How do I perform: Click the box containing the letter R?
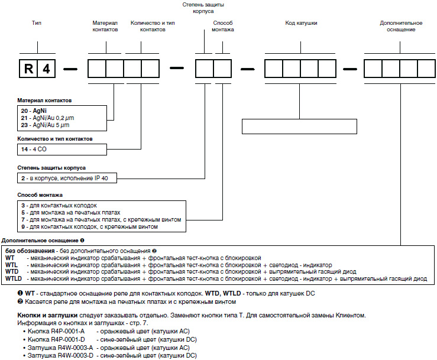click(x=28, y=69)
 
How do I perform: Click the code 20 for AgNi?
click(x=24, y=111)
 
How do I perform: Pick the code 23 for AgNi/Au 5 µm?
click(x=24, y=125)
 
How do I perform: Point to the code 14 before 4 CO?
click(x=24, y=150)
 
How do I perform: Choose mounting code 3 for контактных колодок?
click(x=22, y=205)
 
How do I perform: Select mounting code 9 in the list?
click(x=22, y=226)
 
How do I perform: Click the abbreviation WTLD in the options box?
click(x=14, y=278)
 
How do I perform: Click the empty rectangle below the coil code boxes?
click(x=299, y=127)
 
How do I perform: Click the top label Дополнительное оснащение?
click(x=397, y=26)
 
